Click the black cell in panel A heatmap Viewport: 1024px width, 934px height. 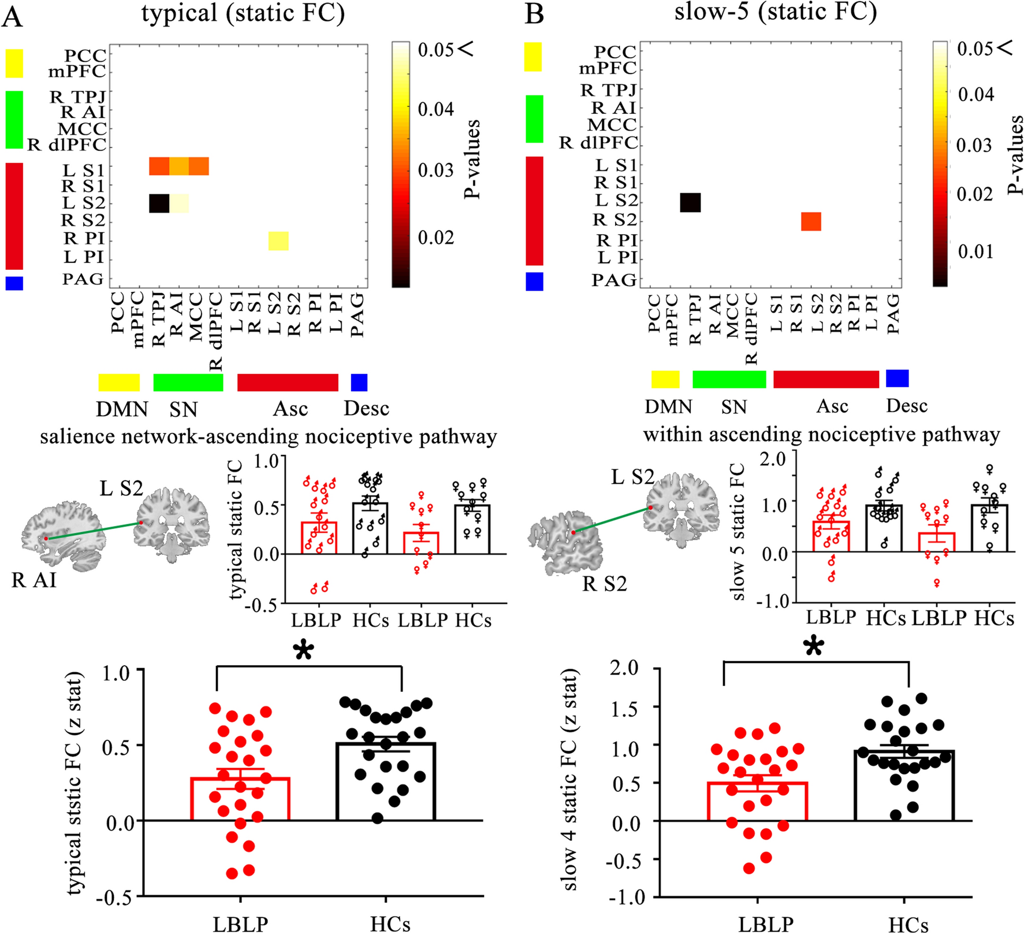coord(159,203)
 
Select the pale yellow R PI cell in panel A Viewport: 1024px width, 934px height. coord(278,241)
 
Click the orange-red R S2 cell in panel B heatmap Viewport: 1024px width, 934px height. coord(811,221)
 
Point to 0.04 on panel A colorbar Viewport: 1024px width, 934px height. coord(435,109)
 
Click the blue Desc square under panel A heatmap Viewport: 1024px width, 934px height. coord(359,383)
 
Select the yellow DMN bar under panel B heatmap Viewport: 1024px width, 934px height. coord(665,379)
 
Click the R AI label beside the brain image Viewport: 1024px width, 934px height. coord(33,580)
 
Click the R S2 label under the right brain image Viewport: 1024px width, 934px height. coord(604,584)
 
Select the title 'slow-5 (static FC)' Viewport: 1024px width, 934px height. coord(775,12)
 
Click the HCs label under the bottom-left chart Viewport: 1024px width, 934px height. coord(390,924)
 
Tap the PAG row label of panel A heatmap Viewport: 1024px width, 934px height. coord(83,280)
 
